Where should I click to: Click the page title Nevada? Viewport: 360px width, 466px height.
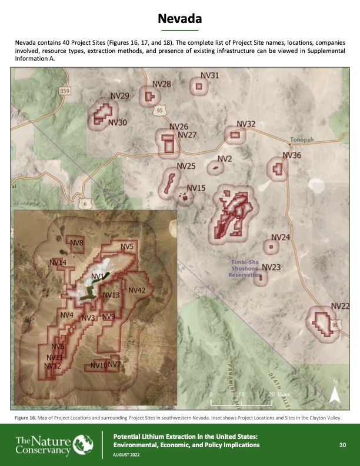(179, 20)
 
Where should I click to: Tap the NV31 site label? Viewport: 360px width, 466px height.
(210, 75)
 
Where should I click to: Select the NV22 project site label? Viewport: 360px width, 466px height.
(341, 306)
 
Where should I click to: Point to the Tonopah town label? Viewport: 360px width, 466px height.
(304, 140)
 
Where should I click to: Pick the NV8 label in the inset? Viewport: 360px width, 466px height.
(76, 243)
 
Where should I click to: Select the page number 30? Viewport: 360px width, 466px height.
(342, 445)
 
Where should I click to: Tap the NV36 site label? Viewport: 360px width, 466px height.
(292, 155)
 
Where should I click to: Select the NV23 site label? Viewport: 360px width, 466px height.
(271, 267)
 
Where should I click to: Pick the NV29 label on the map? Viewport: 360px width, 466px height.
(120, 96)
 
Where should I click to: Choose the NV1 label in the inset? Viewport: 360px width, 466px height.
(98, 276)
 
